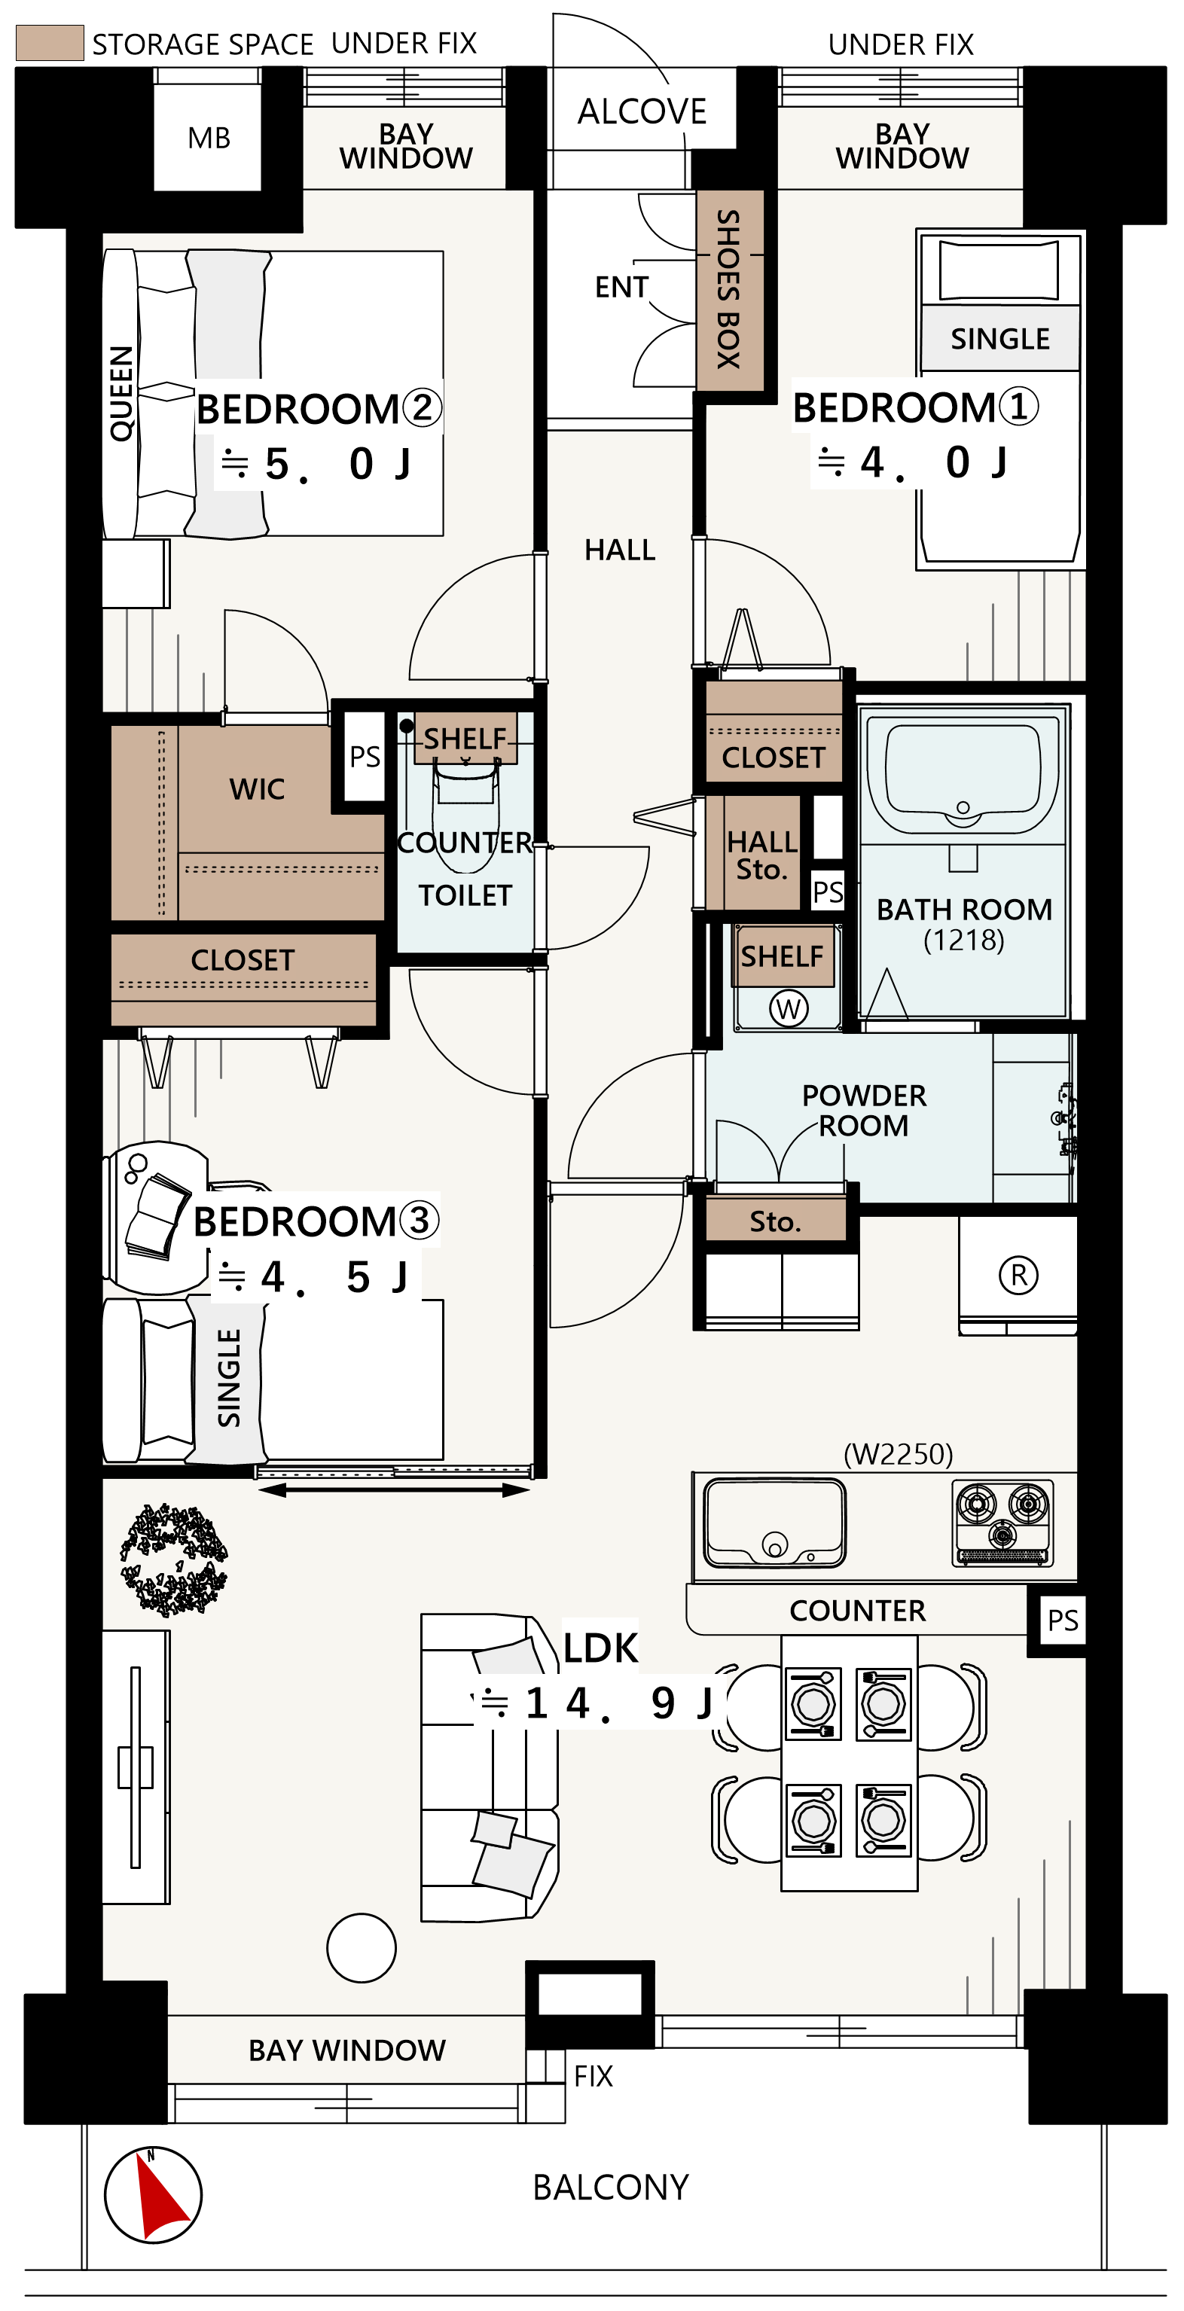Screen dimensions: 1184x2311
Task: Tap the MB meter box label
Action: click(209, 138)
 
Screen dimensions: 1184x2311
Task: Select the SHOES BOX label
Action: click(728, 289)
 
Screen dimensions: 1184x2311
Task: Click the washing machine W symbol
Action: click(788, 1008)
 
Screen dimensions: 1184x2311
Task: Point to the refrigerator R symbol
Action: click(1018, 1275)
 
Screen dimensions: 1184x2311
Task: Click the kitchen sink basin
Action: click(774, 1523)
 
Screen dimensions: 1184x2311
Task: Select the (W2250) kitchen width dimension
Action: click(898, 1453)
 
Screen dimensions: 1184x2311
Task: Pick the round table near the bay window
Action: click(361, 1947)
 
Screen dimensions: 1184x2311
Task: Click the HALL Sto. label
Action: click(761, 855)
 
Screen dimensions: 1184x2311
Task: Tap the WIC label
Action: click(257, 789)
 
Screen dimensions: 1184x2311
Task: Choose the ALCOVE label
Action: click(642, 111)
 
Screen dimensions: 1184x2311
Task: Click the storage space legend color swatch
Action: click(50, 43)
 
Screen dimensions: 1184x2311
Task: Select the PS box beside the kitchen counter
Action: click(1063, 1620)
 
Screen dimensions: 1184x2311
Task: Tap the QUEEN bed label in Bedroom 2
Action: click(121, 394)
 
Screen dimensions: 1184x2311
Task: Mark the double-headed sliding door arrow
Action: click(394, 1490)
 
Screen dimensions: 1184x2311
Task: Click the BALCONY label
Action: click(610, 2188)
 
